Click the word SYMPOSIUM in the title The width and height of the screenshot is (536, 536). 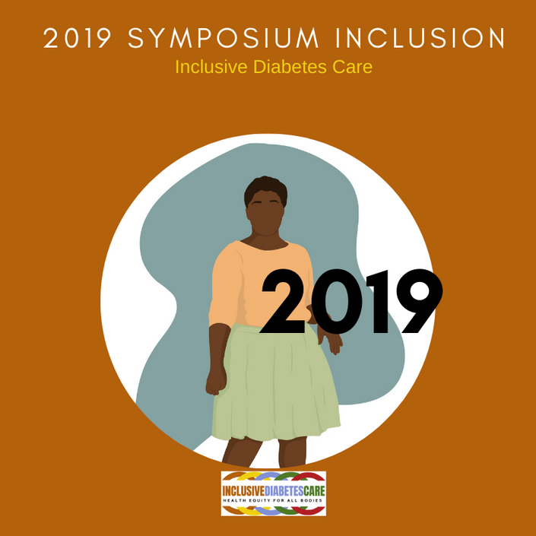[224, 38]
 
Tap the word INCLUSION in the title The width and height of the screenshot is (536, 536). [420, 38]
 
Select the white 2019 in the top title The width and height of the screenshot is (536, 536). [78, 38]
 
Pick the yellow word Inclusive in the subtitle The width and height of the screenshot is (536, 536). [211, 67]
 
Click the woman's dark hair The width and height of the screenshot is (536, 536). [265, 189]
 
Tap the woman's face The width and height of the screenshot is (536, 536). [265, 214]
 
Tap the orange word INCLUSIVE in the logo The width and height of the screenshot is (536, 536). [243, 491]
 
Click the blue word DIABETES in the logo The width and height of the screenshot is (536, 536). [284, 491]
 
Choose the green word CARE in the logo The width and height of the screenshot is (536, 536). [314, 491]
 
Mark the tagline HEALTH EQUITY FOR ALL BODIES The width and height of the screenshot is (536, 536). [273, 500]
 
